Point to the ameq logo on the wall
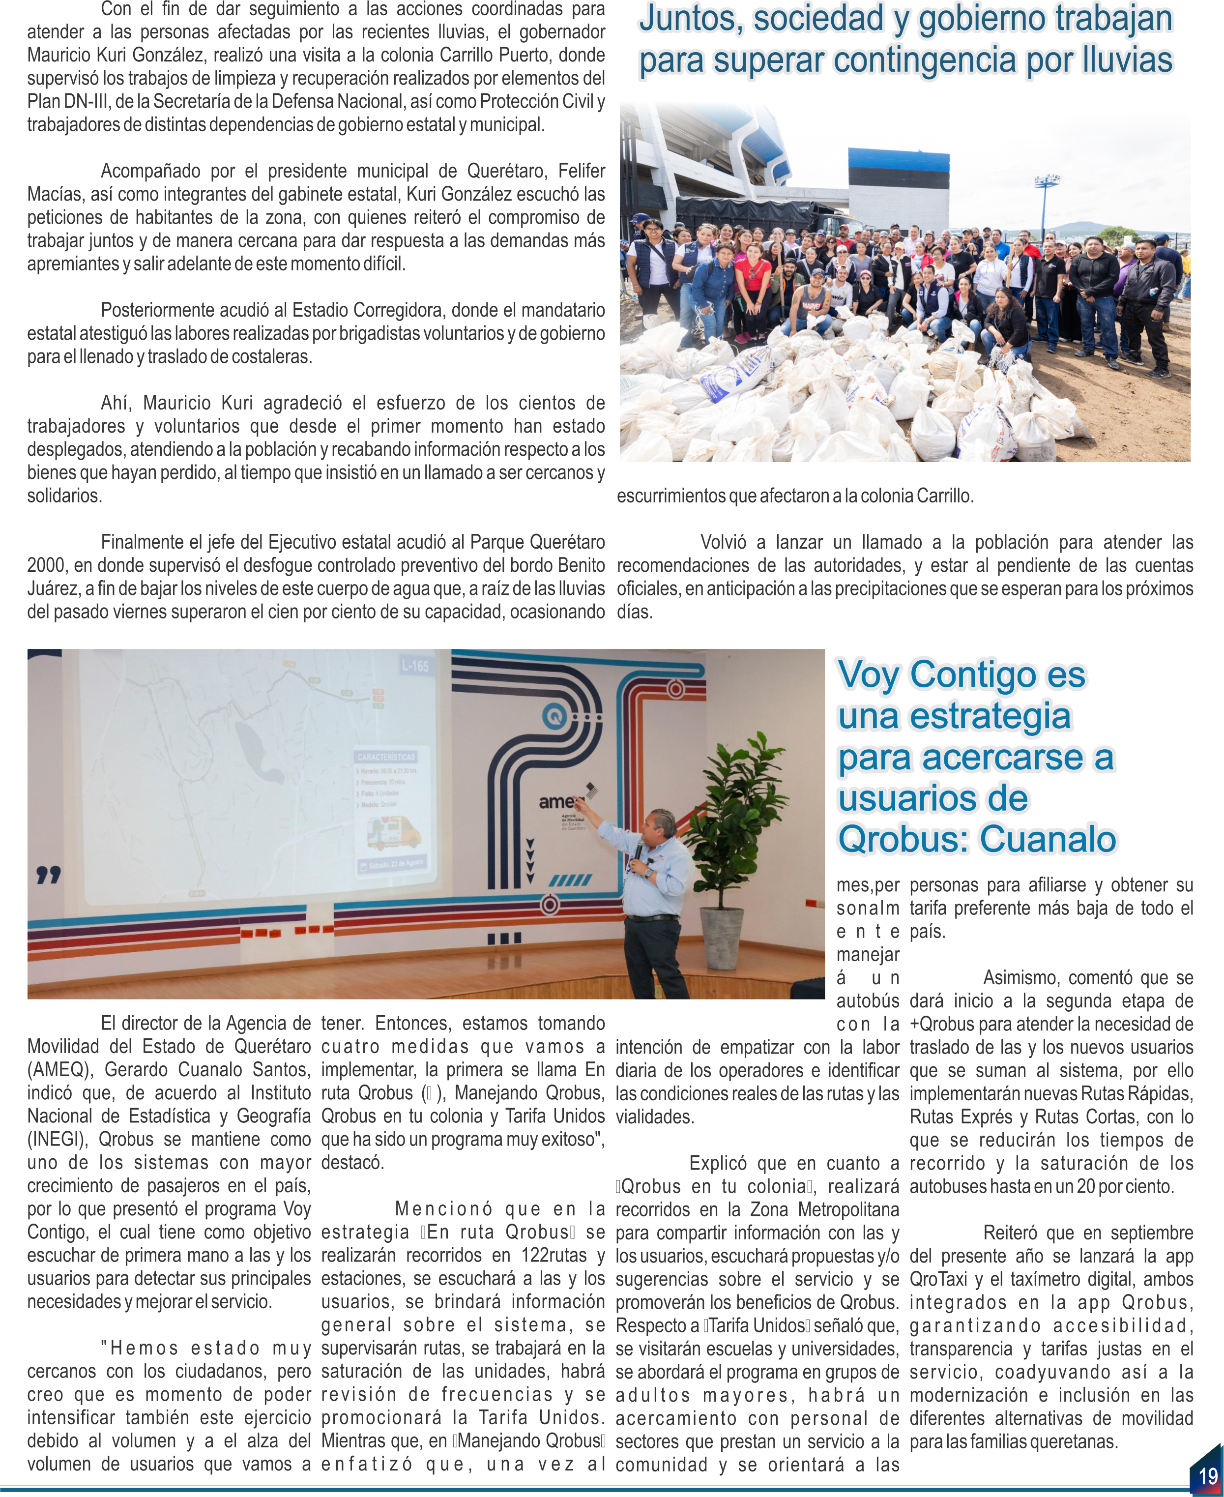[557, 802]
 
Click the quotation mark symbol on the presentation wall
[49, 876]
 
